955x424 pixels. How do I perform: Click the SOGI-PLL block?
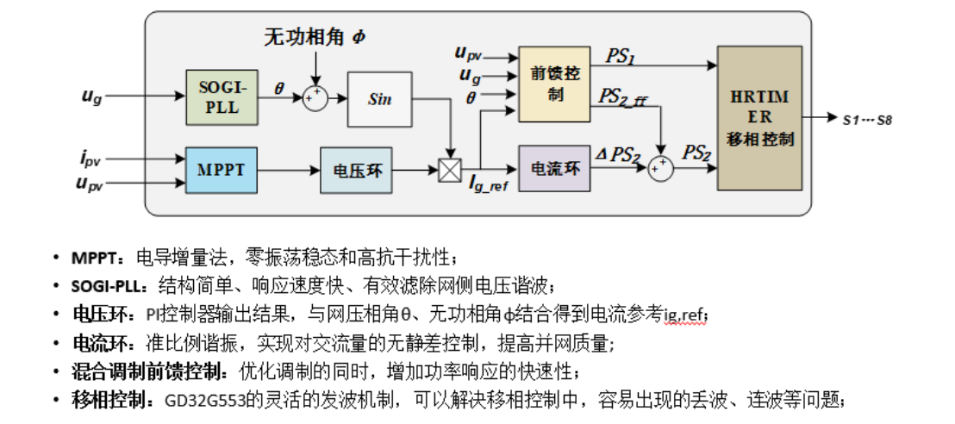pyautogui.click(x=223, y=97)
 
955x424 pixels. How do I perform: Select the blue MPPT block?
pyautogui.click(x=223, y=170)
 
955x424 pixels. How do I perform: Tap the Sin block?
pyautogui.click(x=379, y=99)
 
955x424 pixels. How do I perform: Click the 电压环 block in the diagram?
pyautogui.click(x=357, y=171)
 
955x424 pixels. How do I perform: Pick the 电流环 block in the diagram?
pyautogui.click(x=554, y=168)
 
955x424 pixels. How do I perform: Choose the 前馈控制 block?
pyautogui.click(x=554, y=84)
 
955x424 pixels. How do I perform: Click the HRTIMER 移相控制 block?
pyautogui.click(x=759, y=117)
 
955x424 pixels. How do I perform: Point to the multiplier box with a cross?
pyautogui.click(x=450, y=171)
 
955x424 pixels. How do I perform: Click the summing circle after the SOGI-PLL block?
pyautogui.click(x=315, y=97)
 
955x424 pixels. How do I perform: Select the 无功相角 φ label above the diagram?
pyautogui.click(x=315, y=36)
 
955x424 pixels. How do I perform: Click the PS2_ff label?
pyautogui.click(x=621, y=97)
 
